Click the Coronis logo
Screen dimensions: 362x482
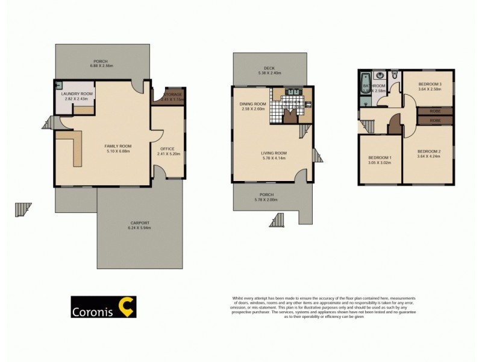[x=104, y=306]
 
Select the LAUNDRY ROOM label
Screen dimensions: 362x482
[x=77, y=94]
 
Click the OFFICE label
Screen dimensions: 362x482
[x=167, y=149]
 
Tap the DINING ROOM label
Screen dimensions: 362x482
[x=252, y=104]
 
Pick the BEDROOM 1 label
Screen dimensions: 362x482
[x=380, y=158]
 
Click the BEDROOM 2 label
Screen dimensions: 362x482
[x=428, y=151]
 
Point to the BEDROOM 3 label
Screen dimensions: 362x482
[x=428, y=84]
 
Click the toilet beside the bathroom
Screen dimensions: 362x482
[x=394, y=75]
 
